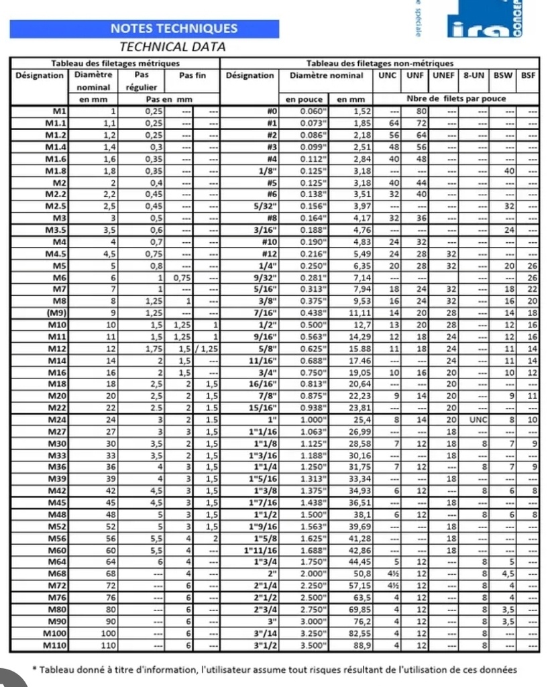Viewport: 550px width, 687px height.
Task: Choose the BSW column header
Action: tap(502, 76)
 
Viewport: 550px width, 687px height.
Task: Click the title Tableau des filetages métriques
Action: tap(115, 63)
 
